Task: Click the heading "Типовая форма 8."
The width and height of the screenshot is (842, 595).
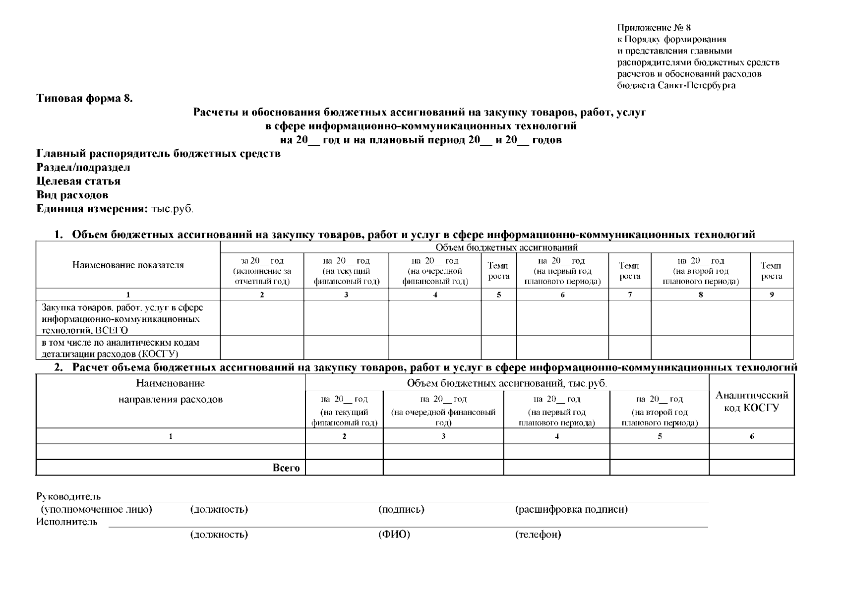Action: tap(85, 98)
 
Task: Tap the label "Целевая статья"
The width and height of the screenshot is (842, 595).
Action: tap(78, 181)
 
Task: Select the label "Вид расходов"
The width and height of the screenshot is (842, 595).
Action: tap(72, 195)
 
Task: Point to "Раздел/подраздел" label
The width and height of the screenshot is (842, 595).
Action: tap(83, 167)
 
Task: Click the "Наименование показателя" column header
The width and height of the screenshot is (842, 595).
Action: tap(128, 265)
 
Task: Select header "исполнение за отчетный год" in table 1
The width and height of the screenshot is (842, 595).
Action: tap(262, 271)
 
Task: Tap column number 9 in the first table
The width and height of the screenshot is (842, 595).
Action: tap(772, 295)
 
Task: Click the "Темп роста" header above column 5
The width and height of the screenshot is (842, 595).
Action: tap(498, 271)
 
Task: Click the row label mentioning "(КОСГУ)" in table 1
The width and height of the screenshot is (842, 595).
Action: tap(120, 348)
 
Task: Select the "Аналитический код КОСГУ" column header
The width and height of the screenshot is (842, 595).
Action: tap(751, 401)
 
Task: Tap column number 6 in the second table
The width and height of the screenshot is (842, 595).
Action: tap(752, 436)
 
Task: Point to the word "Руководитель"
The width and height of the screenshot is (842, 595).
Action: tap(68, 496)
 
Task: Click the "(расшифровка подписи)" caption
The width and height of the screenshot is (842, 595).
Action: tap(571, 509)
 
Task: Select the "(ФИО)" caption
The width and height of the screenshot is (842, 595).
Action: tap(394, 535)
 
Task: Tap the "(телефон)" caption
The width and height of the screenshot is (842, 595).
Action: tap(538, 535)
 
